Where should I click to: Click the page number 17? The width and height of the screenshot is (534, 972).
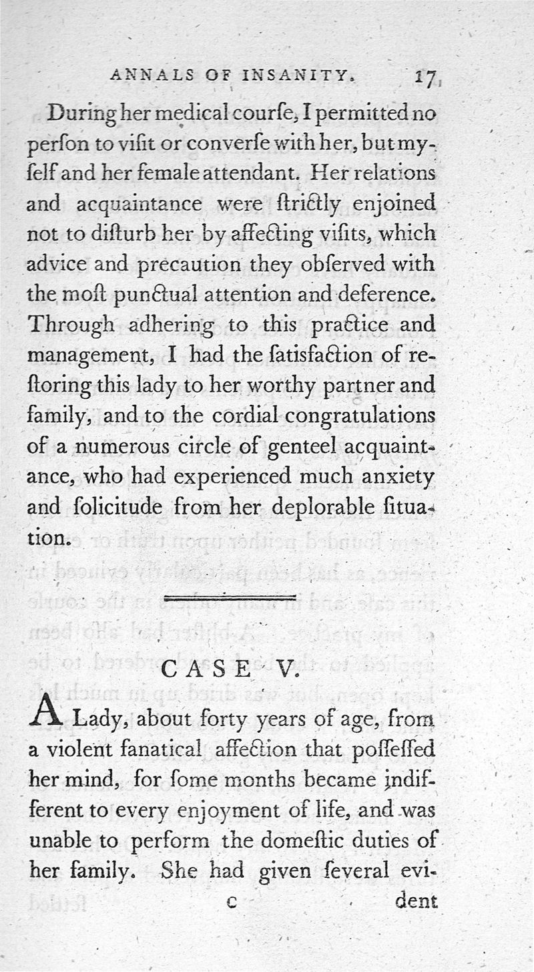[425, 79]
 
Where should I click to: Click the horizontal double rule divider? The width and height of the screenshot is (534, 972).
[230, 597]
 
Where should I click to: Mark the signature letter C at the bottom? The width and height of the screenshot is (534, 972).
[232, 902]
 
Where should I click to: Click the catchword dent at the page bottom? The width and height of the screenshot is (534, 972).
[415, 901]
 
